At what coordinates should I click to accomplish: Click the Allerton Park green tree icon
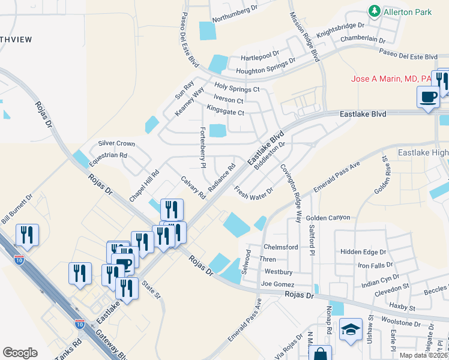375,11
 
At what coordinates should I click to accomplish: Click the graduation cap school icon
351,329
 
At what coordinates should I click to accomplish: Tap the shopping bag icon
321,354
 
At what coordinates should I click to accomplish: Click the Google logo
20,353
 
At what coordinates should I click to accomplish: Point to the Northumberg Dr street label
234,18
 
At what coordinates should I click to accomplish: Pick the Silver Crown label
116,144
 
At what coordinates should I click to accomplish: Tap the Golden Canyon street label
328,218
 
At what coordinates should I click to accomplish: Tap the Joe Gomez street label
278,284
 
